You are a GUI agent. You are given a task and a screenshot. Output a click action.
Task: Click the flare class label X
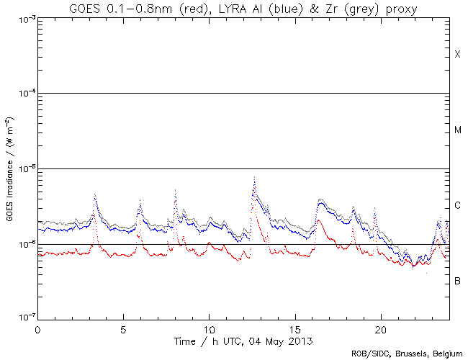coord(457,55)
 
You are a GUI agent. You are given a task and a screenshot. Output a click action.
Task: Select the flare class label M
coord(458,130)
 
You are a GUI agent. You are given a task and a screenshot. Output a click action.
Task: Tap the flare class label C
coord(457,206)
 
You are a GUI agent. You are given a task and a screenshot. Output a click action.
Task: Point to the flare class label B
coord(457,280)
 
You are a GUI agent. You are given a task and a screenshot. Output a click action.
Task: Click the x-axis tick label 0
coord(37,328)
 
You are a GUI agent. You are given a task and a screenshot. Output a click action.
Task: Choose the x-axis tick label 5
coord(123,328)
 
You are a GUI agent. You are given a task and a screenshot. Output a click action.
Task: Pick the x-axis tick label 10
coord(209,328)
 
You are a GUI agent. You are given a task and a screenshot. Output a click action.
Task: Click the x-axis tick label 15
coord(294,328)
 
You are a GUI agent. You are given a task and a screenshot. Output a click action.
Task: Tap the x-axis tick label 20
coord(380,328)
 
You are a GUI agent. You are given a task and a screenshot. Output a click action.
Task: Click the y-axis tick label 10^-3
coord(23,18)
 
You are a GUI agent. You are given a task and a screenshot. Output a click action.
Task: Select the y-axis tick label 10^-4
coord(23,94)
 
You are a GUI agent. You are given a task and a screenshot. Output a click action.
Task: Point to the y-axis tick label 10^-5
coord(23,169)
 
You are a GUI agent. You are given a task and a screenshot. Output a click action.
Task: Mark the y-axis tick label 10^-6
coord(23,245)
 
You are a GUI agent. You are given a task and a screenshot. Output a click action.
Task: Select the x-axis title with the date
coord(243,339)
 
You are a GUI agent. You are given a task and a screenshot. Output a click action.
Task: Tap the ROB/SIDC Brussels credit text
coord(407,353)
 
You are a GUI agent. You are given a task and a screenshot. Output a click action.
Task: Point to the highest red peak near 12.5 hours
coord(254,176)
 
